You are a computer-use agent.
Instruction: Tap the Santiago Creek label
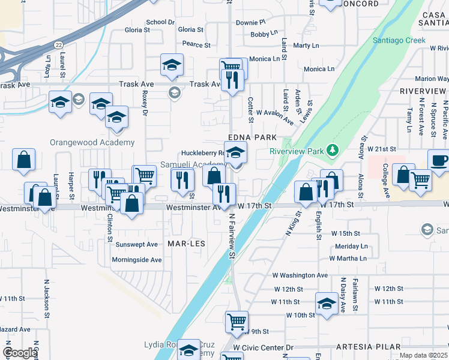tap(399, 40)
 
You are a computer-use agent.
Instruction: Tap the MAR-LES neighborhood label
tap(186, 244)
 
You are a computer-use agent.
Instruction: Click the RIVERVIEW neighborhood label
tap(423, 91)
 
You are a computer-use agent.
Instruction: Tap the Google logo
tap(20, 353)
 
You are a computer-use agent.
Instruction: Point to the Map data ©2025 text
tap(423, 355)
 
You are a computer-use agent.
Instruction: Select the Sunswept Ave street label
tap(136, 244)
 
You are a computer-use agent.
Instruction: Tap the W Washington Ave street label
tap(300, 275)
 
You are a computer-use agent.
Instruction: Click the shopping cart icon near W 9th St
tap(237, 321)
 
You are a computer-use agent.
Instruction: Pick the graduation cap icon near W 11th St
tap(327, 304)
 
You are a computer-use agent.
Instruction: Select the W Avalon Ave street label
tap(275, 116)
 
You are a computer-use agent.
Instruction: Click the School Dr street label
tap(160, 22)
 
